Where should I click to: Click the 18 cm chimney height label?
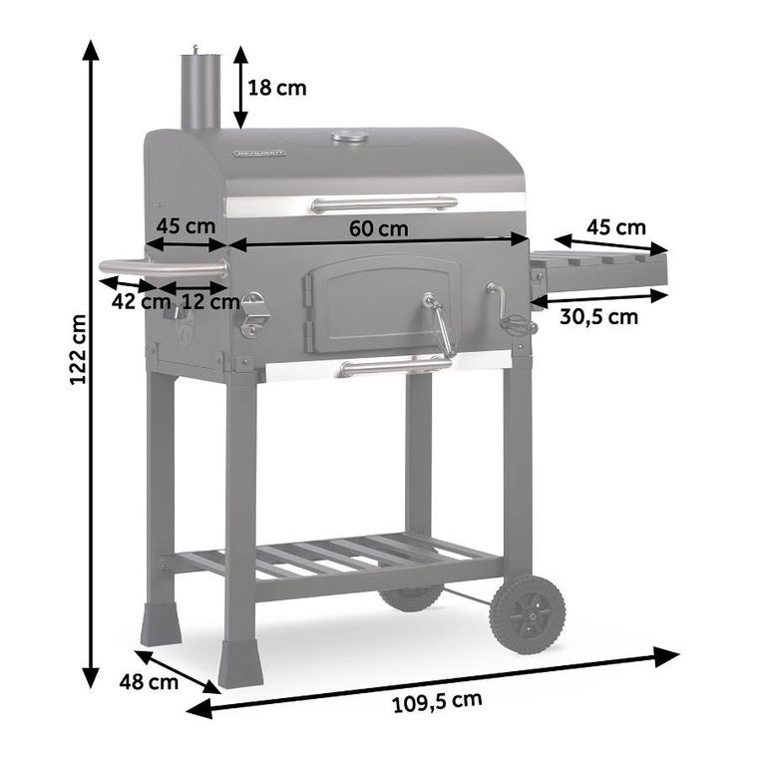coord(276,88)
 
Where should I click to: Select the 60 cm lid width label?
coord(378,227)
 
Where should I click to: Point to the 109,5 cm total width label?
coord(436,701)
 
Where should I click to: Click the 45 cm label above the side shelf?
coord(615,227)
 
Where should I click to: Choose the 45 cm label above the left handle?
coord(187,224)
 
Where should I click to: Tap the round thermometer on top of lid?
coord(350,136)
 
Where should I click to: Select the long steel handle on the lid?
coord(384,204)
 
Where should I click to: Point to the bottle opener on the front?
coord(254,313)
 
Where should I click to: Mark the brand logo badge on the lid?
coord(260,154)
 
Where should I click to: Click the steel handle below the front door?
coord(395,366)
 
